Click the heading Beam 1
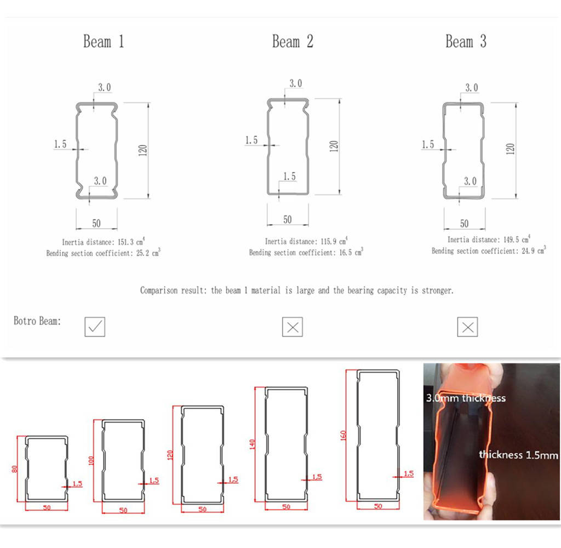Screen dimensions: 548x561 [x=104, y=42]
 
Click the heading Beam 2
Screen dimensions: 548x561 [x=293, y=42]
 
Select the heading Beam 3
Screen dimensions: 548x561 [x=466, y=42]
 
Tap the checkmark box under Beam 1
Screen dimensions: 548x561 [x=95, y=327]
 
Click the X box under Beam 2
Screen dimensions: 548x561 [x=293, y=327]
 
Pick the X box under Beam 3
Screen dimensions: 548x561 [x=467, y=327]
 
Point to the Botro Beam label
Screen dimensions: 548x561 [x=37, y=321]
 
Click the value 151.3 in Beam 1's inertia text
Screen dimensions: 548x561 [x=122, y=242]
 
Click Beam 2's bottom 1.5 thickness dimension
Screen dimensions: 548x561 [x=289, y=176]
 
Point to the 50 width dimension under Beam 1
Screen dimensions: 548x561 [x=96, y=223]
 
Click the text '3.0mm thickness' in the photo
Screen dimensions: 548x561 [x=466, y=398]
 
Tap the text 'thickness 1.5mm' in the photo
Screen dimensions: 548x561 [x=518, y=455]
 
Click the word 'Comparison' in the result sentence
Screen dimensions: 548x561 [x=159, y=290]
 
